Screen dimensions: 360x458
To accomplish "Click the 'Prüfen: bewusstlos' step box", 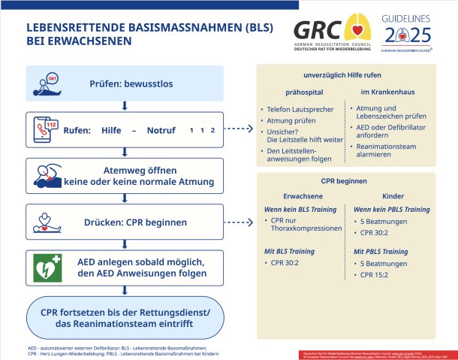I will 124,83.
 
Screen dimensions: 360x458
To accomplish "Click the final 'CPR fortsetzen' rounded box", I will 124,316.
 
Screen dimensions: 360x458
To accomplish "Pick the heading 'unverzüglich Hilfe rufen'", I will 348,76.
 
